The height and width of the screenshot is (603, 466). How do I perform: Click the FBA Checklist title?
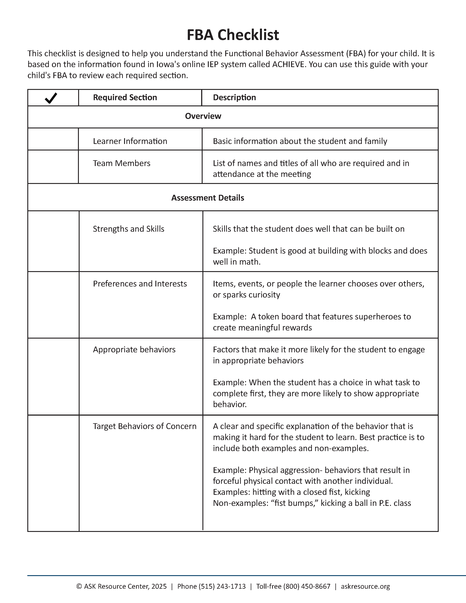coord(233,35)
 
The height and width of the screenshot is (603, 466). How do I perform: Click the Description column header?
coord(234,97)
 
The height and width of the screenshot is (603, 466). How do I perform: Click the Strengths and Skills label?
coord(128,229)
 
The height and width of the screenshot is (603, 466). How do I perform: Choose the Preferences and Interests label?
coord(140,284)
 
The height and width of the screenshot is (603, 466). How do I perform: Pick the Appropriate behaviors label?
coord(134,350)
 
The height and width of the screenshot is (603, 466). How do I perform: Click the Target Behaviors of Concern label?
coord(145,426)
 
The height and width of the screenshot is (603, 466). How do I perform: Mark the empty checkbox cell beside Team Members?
coord(53,167)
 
